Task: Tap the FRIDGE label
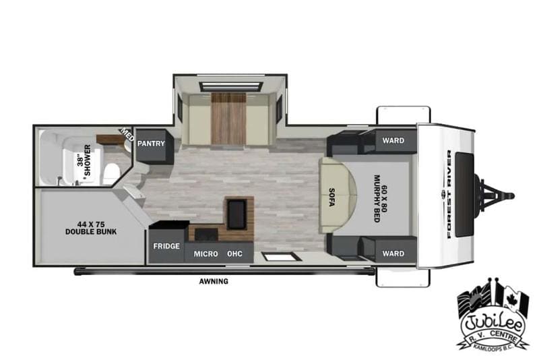tap(166, 246)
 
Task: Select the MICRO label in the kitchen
tap(205, 254)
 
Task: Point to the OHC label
tap(235, 254)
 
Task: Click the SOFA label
tap(332, 196)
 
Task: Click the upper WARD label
tap(393, 141)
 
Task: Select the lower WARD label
tap(393, 253)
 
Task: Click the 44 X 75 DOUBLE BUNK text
tap(91, 227)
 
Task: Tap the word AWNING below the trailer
tap(214, 281)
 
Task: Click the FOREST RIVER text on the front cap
tap(449, 193)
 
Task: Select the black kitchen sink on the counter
tap(236, 214)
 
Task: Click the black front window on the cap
tap(464, 193)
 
